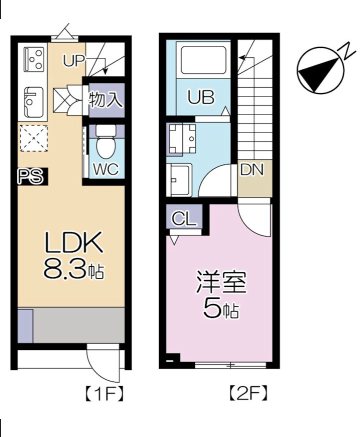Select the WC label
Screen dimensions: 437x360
pyautogui.click(x=106, y=168)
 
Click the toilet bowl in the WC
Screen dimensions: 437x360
pyautogui.click(x=105, y=144)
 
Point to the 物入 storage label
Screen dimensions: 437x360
pyautogui.click(x=105, y=100)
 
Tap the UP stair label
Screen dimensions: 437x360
pyautogui.click(x=73, y=61)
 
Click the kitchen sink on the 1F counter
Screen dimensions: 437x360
pyautogui.click(x=31, y=100)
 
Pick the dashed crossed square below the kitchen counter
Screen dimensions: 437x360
pyautogui.click(x=34, y=138)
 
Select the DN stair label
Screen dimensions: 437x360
pyautogui.click(x=252, y=169)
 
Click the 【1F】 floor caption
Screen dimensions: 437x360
pyautogui.click(x=101, y=392)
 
